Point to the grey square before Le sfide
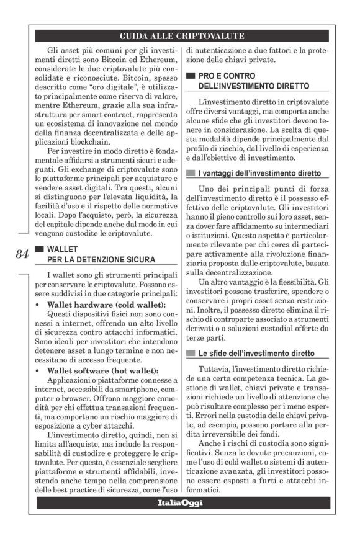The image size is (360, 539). coord(191,353)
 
